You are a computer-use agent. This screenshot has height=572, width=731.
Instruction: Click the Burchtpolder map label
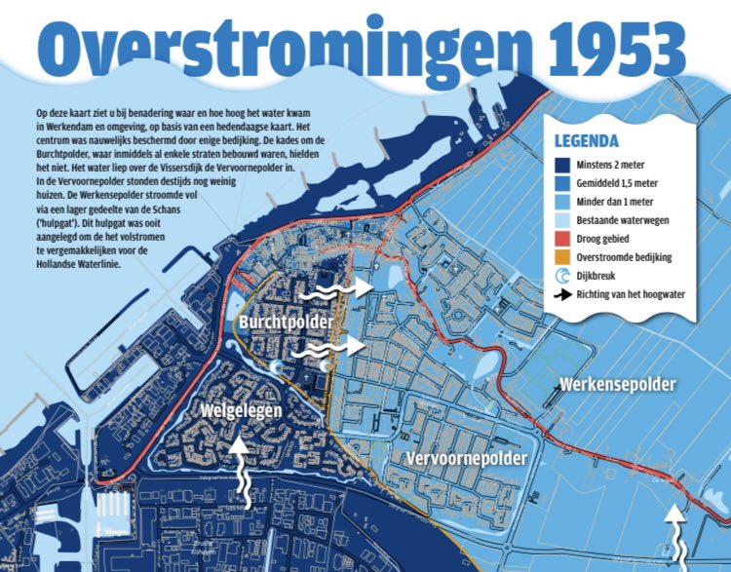(x=285, y=322)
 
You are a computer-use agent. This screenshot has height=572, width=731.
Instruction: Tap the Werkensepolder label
(x=617, y=384)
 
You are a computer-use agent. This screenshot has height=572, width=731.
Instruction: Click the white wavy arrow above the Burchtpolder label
(x=334, y=287)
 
